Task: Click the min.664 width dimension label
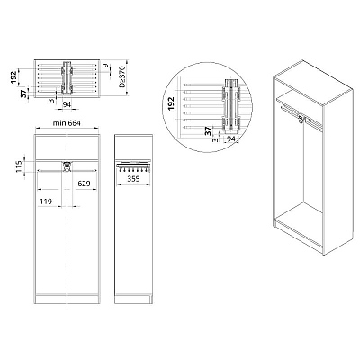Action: pyautogui.click(x=67, y=123)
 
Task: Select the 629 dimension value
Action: pyautogui.click(x=84, y=184)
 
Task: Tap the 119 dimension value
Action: pyautogui.click(x=46, y=202)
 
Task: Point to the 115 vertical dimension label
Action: pyautogui.click(x=20, y=166)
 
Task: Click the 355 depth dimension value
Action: pyautogui.click(x=133, y=179)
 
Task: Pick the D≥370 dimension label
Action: pyautogui.click(x=122, y=78)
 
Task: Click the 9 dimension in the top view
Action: pyautogui.click(x=104, y=67)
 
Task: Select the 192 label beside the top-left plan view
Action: pyautogui.click(x=14, y=77)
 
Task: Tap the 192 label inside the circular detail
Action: pyautogui.click(x=171, y=103)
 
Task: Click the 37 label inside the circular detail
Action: pyautogui.click(x=208, y=131)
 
